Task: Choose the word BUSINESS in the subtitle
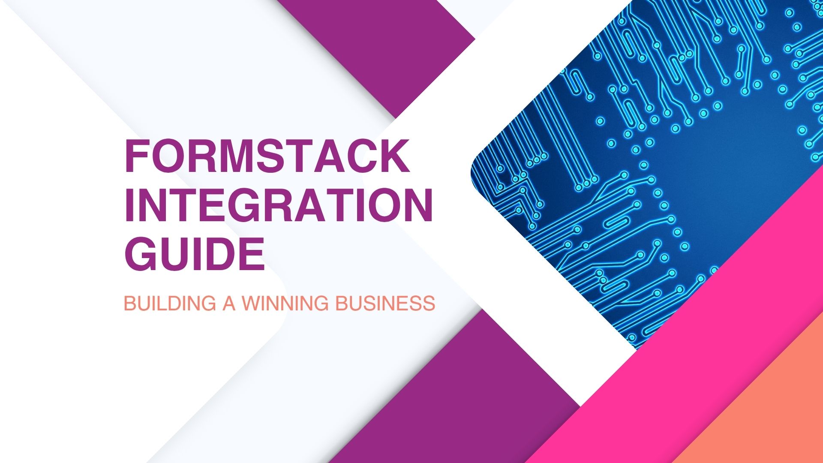point(385,304)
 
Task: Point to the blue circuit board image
point(664,150)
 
